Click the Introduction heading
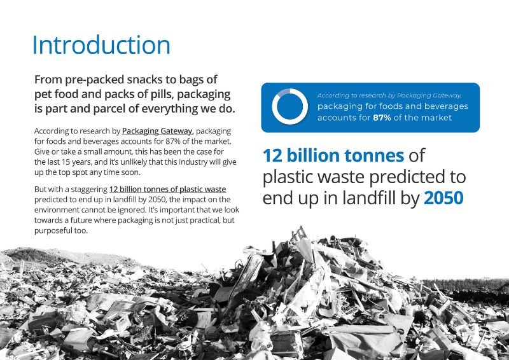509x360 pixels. coord(101,45)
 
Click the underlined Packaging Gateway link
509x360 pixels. coord(157,131)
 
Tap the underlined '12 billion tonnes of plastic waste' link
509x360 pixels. coord(167,190)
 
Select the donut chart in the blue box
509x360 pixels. coord(289,106)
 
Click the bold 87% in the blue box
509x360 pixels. coord(382,118)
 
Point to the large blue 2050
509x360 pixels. coord(443,198)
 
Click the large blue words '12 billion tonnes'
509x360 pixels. coord(333,155)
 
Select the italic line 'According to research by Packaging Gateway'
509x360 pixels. coord(389,95)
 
